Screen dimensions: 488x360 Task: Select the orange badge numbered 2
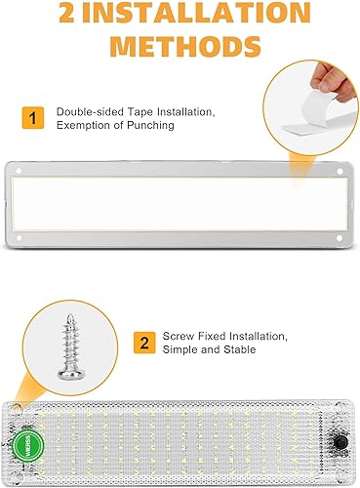(143, 343)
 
